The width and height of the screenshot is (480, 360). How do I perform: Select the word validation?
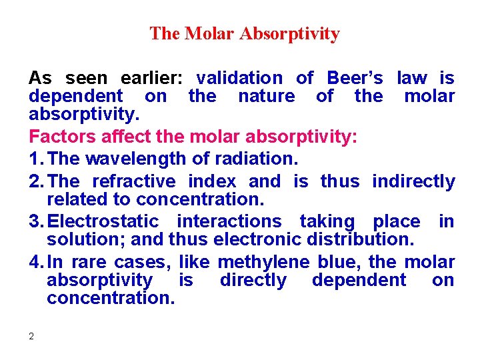coord(239,79)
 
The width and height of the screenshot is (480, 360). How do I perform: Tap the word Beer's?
coord(355,79)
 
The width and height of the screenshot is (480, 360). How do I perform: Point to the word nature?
coord(266,97)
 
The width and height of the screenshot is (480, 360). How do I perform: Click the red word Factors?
coord(62,138)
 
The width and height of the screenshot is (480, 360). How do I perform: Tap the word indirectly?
coord(413,181)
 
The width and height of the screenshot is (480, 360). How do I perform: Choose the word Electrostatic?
coord(103,221)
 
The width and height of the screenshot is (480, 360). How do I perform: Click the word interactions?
coord(228,221)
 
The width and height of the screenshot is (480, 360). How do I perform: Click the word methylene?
coord(263,261)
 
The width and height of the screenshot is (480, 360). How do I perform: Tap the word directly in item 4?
coord(253,280)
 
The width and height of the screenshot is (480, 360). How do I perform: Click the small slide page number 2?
coord(31,336)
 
